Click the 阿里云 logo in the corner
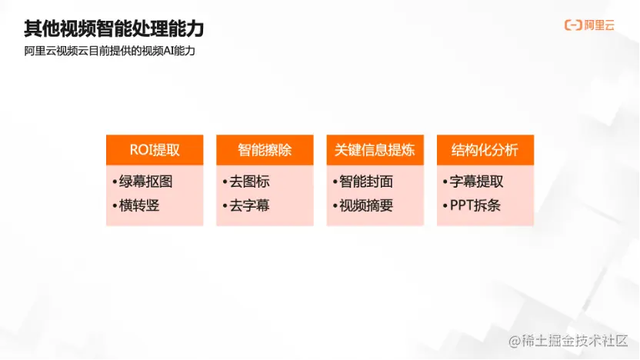pyautogui.click(x=590, y=25)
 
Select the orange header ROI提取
pyautogui.click(x=155, y=150)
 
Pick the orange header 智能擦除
pyautogui.click(x=265, y=150)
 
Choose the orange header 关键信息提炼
pyautogui.click(x=375, y=150)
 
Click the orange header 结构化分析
pyautogui.click(x=485, y=150)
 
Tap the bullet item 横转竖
pyautogui.click(x=139, y=205)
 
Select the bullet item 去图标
pyautogui.click(x=249, y=182)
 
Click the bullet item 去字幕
pyautogui.click(x=249, y=205)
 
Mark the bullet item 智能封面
pyautogui.click(x=365, y=182)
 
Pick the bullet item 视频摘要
pyautogui.click(x=365, y=205)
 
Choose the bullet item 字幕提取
pyautogui.click(x=476, y=182)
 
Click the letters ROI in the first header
pyautogui.click(x=140, y=150)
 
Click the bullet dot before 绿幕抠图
pyautogui.click(x=114, y=183)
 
